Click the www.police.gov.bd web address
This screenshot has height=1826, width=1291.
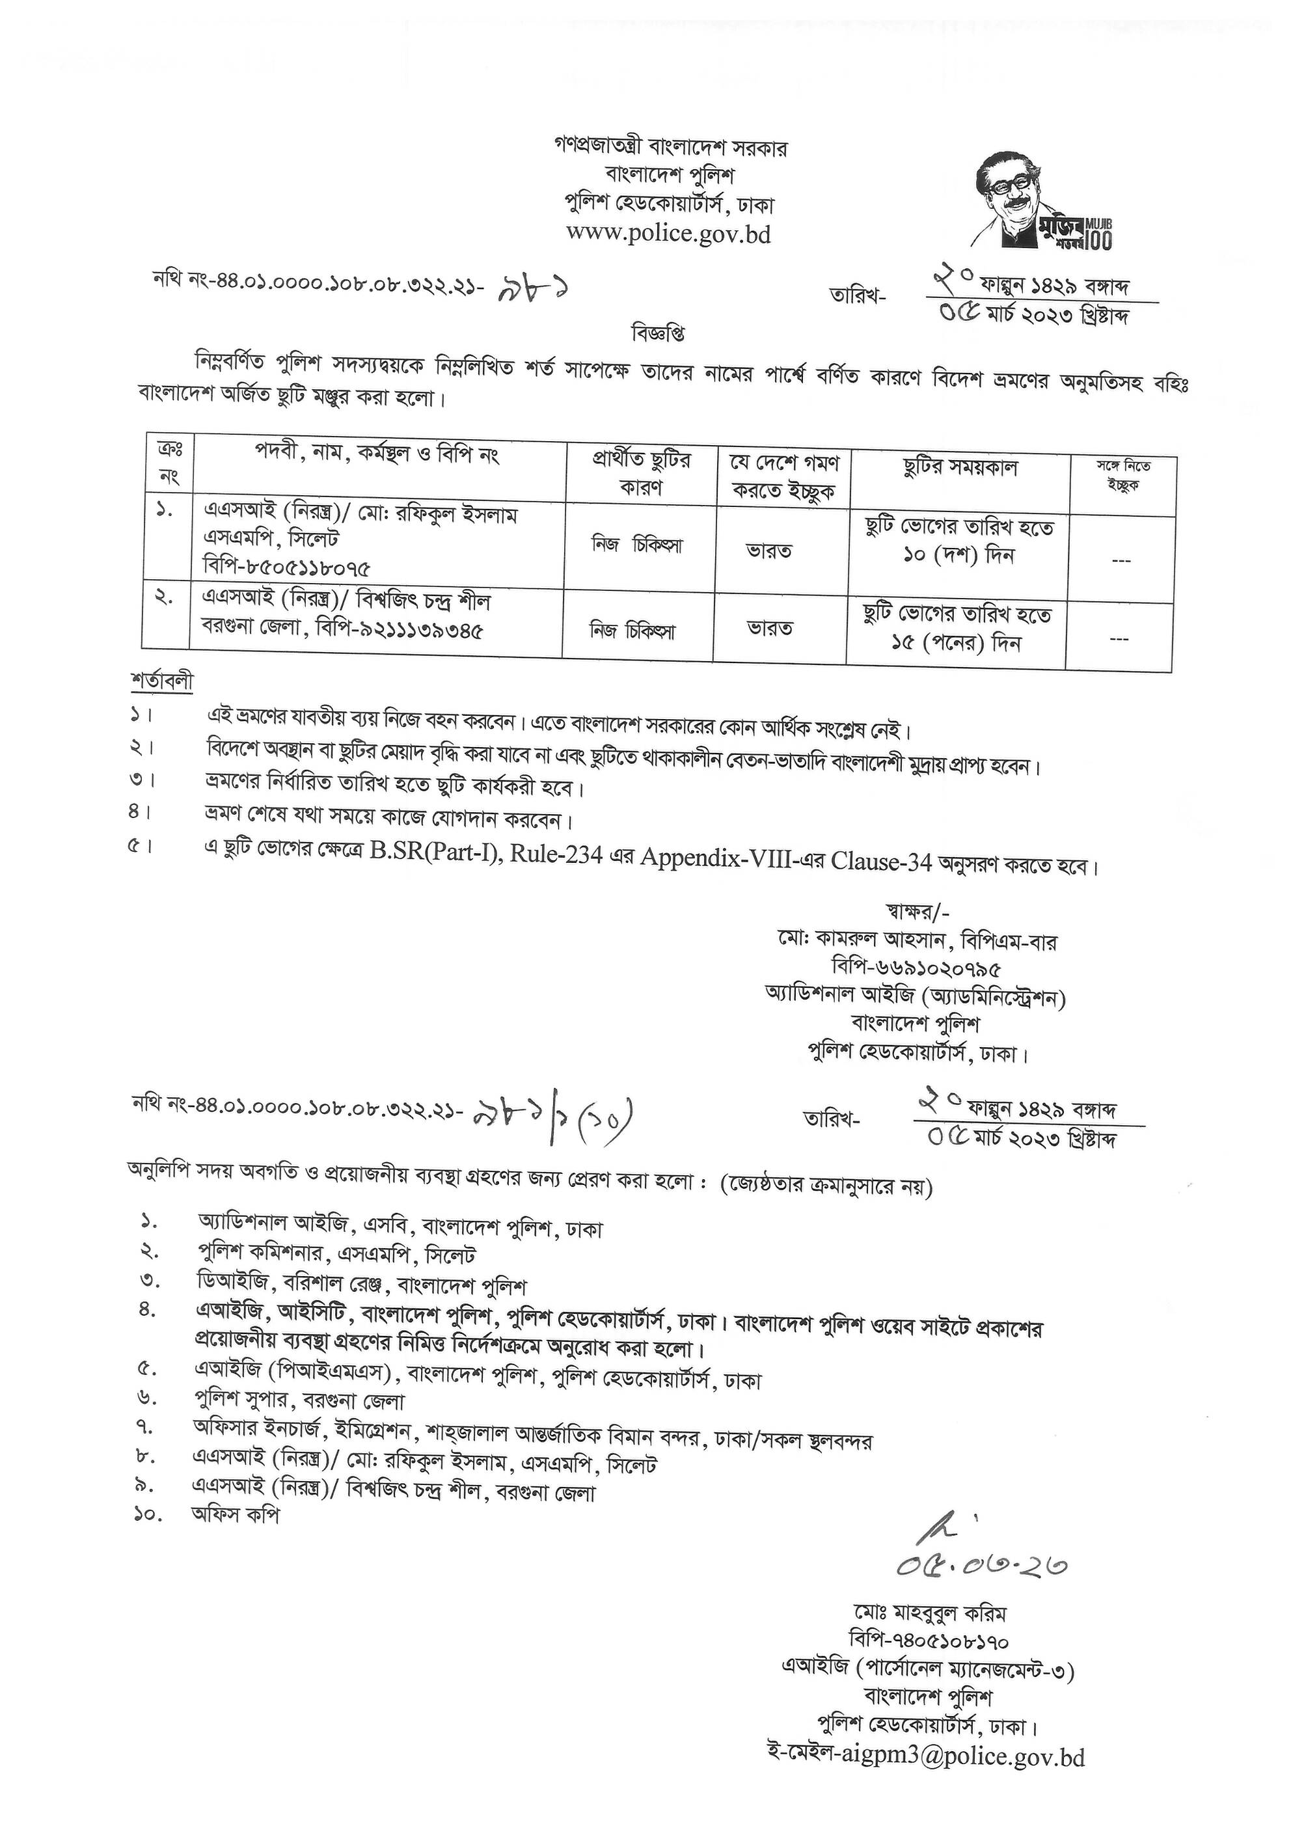pyautogui.click(x=669, y=234)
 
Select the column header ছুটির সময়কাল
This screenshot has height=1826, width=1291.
pyautogui.click(x=959, y=468)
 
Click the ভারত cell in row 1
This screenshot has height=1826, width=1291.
pyautogui.click(x=768, y=551)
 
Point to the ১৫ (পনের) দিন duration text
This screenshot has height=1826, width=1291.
pyautogui.click(x=955, y=642)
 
